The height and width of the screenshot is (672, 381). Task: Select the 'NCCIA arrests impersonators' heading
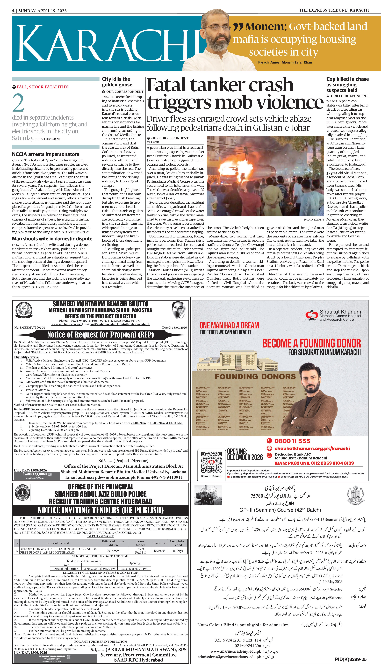pos(46,154)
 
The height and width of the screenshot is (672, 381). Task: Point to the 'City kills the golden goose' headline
pos(117,82)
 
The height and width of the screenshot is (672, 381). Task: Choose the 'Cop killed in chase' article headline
pos(347,85)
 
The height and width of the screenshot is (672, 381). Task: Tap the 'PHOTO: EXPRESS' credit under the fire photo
pos(314,219)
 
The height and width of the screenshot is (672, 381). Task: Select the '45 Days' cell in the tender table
pos(178,551)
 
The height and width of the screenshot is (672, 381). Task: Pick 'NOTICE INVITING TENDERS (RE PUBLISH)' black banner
pos(101,510)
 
